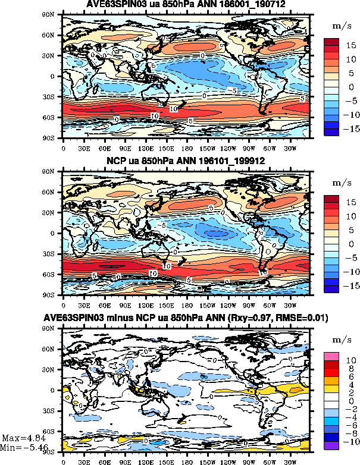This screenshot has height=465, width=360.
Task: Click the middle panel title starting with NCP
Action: coord(186,161)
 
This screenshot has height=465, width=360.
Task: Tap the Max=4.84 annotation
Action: coord(21,438)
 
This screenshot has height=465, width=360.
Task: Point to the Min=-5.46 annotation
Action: coord(20,447)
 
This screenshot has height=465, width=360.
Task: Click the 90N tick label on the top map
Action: coord(55,15)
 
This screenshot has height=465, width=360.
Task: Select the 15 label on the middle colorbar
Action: coord(350,203)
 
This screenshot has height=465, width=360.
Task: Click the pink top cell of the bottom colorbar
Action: coord(331,355)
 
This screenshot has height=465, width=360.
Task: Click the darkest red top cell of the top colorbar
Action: coord(331,42)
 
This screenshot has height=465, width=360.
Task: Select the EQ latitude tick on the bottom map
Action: coord(57,390)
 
